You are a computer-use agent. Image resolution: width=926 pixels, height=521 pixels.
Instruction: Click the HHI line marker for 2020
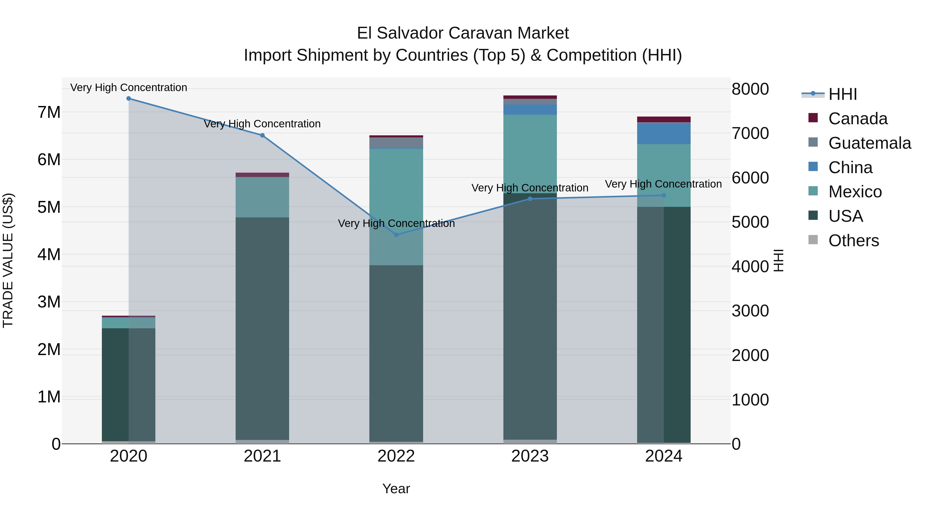tap(128, 99)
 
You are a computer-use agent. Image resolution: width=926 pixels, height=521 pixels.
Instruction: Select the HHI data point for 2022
tap(396, 235)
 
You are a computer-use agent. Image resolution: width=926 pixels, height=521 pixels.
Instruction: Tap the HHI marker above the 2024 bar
tap(664, 196)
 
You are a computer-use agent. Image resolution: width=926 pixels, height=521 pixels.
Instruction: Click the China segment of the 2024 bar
tap(664, 133)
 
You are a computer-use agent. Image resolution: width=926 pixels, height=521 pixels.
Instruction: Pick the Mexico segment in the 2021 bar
tap(262, 197)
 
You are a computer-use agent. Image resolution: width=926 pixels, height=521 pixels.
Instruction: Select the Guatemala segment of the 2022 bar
tap(396, 142)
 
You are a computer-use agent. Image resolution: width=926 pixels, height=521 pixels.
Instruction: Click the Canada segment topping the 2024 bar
tap(664, 119)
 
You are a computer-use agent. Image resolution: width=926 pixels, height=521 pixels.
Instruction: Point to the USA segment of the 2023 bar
tap(530, 316)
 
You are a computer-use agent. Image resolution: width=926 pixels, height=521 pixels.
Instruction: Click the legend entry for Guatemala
tap(869, 143)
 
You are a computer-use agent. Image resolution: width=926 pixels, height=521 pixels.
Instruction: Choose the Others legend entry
tap(853, 241)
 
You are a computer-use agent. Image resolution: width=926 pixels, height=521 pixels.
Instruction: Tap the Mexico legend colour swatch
tap(813, 191)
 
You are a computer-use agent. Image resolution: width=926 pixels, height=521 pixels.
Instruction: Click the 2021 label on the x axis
tap(262, 456)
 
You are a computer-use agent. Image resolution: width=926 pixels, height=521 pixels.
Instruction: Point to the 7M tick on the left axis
tap(49, 112)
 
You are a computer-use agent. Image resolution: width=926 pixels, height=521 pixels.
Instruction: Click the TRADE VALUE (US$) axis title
tap(8, 260)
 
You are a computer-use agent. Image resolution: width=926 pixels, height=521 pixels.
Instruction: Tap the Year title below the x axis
tap(396, 489)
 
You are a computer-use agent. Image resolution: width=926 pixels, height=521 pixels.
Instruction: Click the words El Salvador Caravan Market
tap(463, 33)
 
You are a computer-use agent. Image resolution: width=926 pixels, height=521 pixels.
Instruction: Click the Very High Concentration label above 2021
tap(262, 124)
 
